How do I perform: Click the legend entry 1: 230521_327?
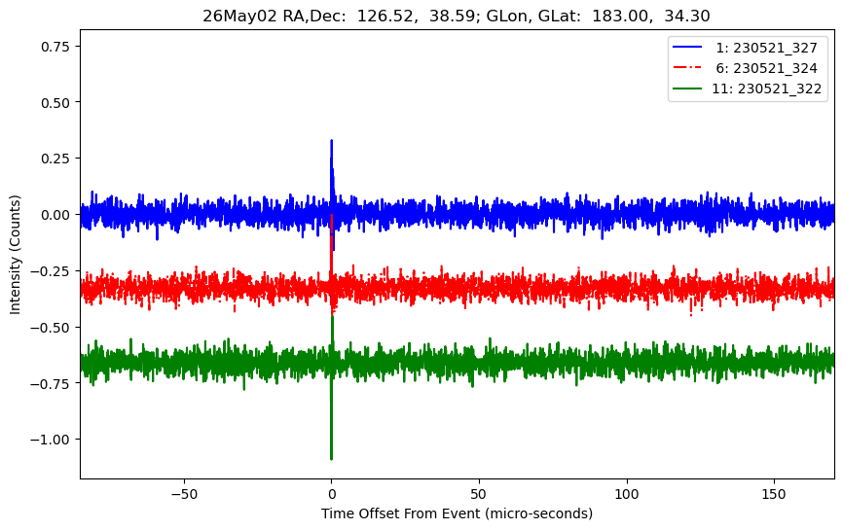(x=766, y=48)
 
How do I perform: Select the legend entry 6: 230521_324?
(x=766, y=68)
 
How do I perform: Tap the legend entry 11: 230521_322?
(x=766, y=88)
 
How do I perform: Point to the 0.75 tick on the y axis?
(x=55, y=47)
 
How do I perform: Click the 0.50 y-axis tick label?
(x=55, y=102)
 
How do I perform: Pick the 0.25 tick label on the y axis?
(x=55, y=159)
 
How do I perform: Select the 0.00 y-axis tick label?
(x=55, y=215)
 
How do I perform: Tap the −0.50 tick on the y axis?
(x=51, y=328)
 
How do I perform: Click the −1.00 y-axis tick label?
(x=51, y=440)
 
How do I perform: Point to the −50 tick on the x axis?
(x=184, y=494)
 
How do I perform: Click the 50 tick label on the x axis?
(x=479, y=494)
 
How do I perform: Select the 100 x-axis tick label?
(x=627, y=494)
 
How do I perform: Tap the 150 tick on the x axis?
(x=774, y=494)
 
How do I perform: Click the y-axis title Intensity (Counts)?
(x=15, y=255)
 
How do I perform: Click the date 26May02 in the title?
(x=239, y=16)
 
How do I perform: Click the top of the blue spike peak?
(x=331, y=141)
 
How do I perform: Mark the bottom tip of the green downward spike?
(x=331, y=459)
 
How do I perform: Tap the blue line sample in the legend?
(x=687, y=48)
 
